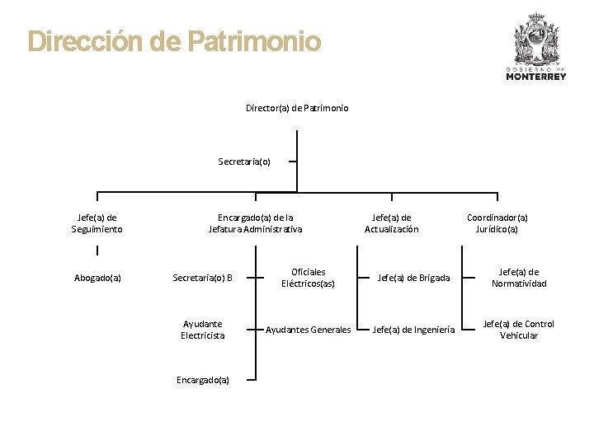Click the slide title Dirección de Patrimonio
(174, 41)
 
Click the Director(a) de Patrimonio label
(297, 108)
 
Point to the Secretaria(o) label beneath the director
(244, 162)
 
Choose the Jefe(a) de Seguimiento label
(97, 223)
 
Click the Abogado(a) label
(97, 278)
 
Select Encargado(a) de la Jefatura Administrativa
(255, 223)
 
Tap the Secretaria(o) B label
(202, 278)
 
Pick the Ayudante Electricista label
(203, 330)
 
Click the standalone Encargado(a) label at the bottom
(203, 379)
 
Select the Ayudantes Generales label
(308, 330)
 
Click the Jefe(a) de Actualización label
(392, 223)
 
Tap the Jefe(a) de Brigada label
(414, 278)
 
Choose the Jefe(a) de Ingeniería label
(414, 330)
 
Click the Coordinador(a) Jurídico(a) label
(497, 223)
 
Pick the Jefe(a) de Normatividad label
(519, 278)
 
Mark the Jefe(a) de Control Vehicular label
(519, 330)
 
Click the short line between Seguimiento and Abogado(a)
(97, 251)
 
